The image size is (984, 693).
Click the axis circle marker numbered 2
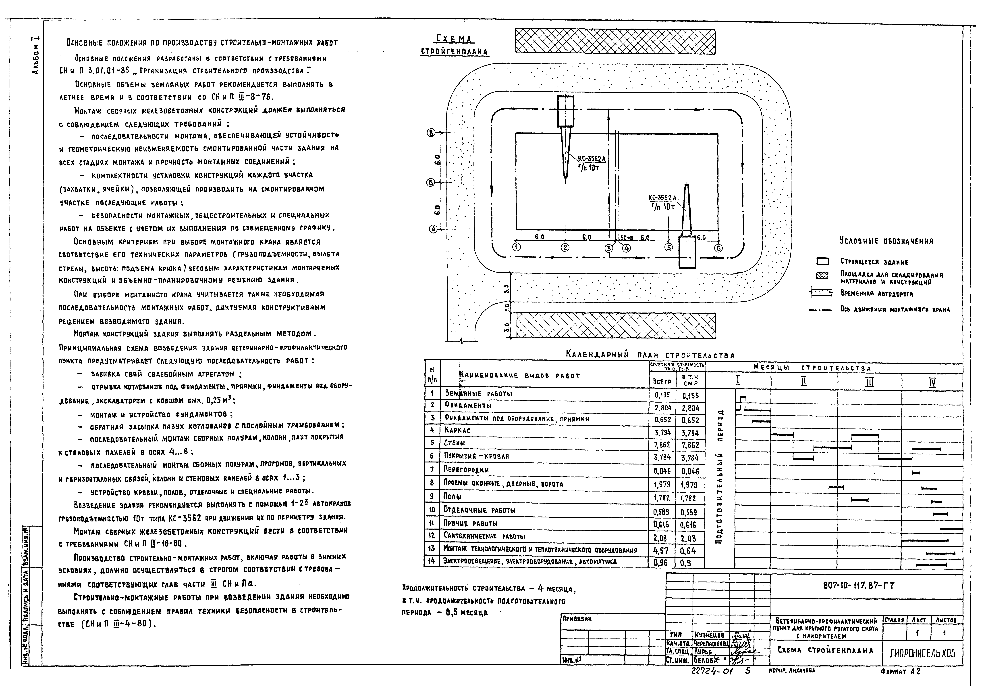566,247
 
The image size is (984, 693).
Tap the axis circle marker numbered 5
668,247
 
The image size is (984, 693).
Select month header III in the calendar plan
869,382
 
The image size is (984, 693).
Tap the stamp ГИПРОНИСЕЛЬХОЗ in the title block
922,653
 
